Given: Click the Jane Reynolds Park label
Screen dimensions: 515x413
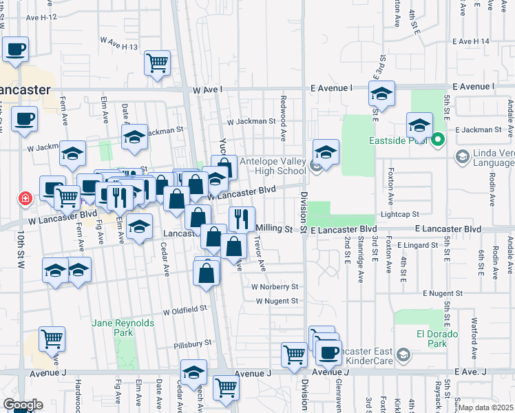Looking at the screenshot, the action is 113,327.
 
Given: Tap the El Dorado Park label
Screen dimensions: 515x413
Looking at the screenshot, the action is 432,339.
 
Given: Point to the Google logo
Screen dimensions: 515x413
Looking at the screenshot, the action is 22,405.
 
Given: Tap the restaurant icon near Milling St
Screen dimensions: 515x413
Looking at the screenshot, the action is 241,220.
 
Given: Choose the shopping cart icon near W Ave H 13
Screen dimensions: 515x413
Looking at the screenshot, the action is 157,63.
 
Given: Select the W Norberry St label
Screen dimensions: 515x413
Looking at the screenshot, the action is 275,286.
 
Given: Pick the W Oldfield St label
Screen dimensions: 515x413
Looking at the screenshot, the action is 185,310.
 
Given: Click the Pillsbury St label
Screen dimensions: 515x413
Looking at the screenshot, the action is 192,343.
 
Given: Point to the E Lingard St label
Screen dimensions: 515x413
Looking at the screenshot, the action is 418,245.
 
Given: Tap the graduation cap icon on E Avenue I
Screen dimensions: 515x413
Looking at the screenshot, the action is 381,94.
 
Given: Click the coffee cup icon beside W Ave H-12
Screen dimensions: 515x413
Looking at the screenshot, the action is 15,49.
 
